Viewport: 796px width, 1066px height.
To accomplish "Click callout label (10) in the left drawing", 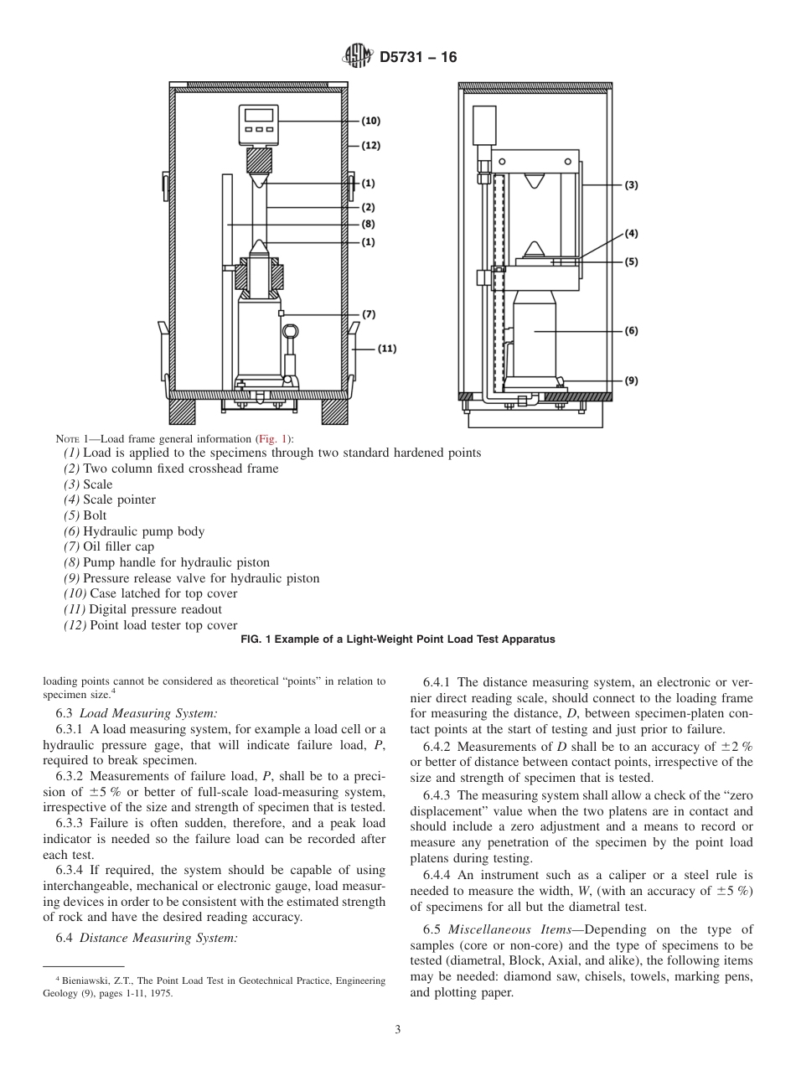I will point(370,121).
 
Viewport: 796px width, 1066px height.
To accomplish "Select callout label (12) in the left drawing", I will point(370,145).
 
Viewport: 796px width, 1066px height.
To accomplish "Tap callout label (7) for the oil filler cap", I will point(369,314).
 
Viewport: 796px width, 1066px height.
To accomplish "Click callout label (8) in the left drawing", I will point(369,224).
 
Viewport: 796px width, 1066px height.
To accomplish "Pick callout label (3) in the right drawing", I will point(631,185).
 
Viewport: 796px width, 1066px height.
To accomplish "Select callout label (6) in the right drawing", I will point(631,331).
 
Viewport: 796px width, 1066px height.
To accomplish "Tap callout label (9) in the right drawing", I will point(631,380).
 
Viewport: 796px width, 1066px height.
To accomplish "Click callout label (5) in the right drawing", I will point(631,261).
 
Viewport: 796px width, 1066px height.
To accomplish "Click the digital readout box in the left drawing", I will point(258,124).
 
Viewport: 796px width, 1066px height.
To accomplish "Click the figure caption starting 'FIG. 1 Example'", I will point(397,639).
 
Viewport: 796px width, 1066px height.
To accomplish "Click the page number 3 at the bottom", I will point(398,1030).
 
